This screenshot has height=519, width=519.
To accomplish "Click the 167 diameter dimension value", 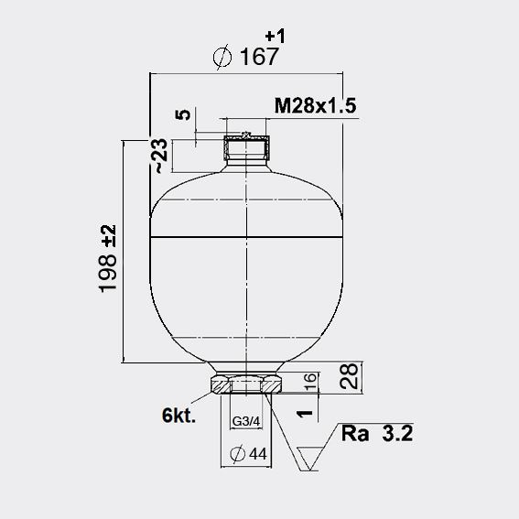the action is pos(259,57).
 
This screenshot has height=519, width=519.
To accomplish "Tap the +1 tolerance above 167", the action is pos(275,36).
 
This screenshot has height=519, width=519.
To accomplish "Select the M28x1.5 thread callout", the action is pos(315,106).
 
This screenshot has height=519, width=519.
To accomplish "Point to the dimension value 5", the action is pos(183,114).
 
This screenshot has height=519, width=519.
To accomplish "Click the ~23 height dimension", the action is pos(159,156).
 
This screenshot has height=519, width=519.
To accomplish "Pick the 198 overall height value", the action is pos(108,274).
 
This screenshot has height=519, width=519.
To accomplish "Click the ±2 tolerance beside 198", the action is pos(109,235).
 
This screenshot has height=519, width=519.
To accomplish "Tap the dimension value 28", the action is pos(349,376).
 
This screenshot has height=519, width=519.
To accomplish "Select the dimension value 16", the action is pos(309,382).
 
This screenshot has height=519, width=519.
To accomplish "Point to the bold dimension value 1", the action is pos(305,414).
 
